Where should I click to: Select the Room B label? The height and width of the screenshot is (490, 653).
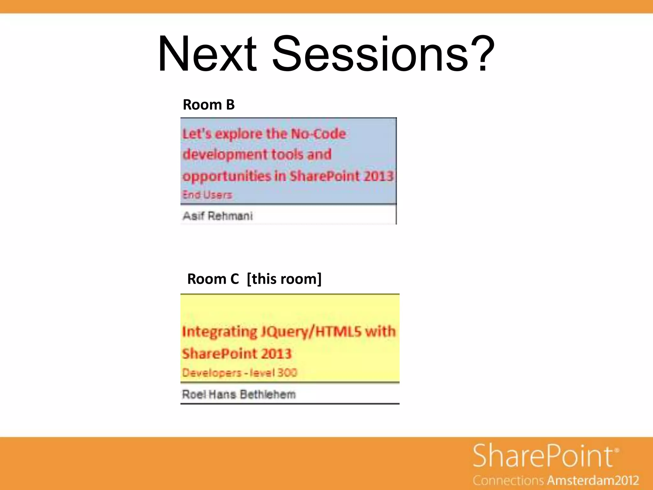tap(209, 105)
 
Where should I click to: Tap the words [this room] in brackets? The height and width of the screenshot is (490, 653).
tap(284, 279)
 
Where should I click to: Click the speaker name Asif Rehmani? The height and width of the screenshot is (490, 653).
tap(218, 216)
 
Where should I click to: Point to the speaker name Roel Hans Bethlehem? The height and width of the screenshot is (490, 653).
tap(239, 395)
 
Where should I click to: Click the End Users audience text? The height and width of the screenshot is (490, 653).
tap(207, 195)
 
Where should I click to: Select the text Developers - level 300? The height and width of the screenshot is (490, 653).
tap(239, 373)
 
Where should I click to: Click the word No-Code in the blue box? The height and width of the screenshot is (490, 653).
tap(318, 134)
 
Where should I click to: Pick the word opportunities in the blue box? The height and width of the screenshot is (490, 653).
tap(227, 176)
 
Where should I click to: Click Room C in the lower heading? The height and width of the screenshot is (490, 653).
tap(213, 279)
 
